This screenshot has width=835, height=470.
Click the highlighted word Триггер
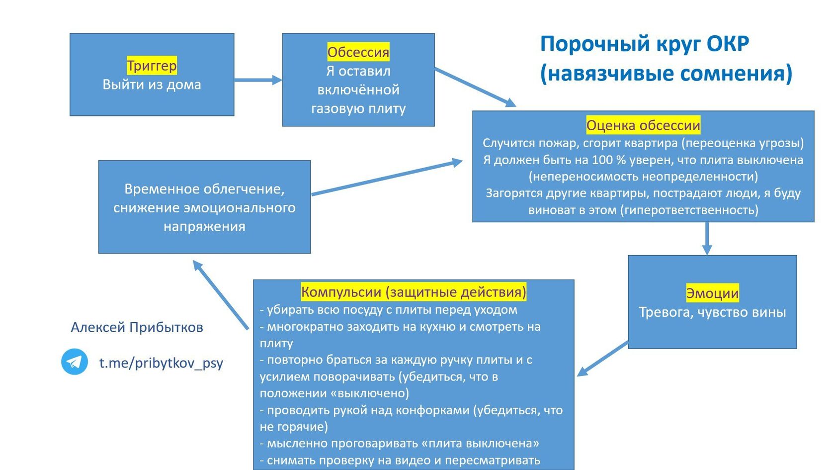point(152,66)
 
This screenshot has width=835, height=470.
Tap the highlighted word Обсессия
point(358,52)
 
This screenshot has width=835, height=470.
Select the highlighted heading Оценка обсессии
point(643,125)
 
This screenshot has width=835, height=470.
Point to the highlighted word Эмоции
point(712,293)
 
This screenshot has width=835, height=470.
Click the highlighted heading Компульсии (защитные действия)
point(413,292)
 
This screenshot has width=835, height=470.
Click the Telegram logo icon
point(75,362)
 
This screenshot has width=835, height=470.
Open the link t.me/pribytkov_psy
point(161,363)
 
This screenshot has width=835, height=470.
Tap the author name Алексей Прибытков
point(137,327)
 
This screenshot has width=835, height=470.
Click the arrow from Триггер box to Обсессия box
point(257,80)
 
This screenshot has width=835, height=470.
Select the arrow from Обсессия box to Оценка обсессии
point(475,88)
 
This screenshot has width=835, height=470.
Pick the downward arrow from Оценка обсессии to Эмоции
point(707,238)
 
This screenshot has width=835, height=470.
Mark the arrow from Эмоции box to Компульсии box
point(602,358)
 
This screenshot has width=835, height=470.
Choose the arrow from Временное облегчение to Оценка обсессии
point(387,177)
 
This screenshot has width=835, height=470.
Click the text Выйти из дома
point(152,85)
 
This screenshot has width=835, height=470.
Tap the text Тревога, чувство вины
point(712,312)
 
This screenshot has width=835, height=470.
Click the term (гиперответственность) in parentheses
point(689,210)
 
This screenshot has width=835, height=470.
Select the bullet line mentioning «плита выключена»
point(399,443)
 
